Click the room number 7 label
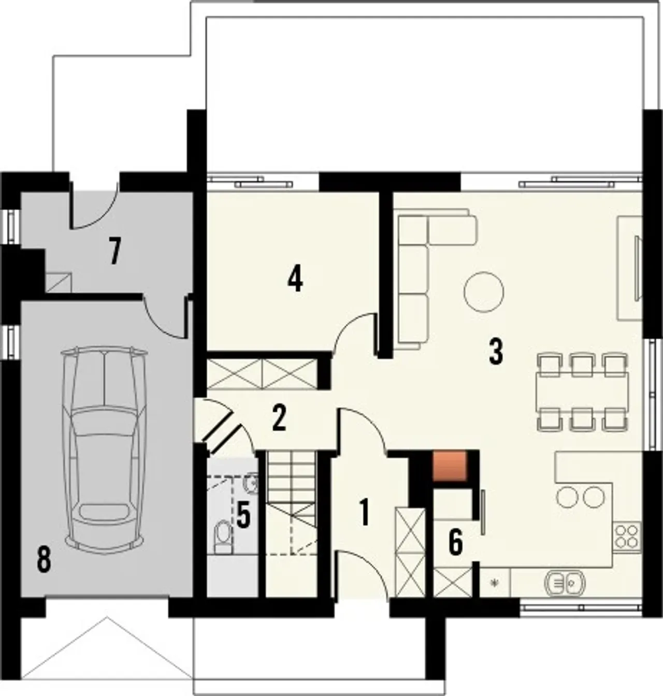pyautogui.click(x=115, y=251)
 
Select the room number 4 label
pyautogui.click(x=295, y=279)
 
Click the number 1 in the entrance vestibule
pyautogui.click(x=365, y=512)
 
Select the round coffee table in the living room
pyautogui.click(x=483, y=292)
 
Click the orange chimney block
pyautogui.click(x=450, y=466)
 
